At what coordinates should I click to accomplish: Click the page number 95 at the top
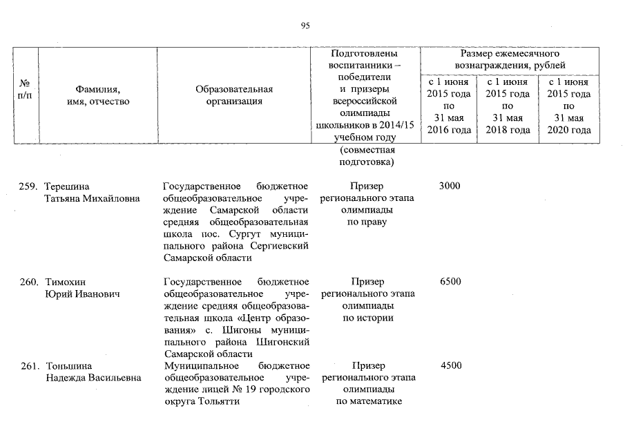tap(305, 26)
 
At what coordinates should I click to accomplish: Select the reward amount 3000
tap(450, 186)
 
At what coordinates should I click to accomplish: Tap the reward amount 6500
tap(450, 282)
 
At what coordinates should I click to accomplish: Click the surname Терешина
tap(68, 186)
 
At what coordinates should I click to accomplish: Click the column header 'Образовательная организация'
tap(234, 95)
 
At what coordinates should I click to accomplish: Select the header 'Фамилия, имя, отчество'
tap(97, 95)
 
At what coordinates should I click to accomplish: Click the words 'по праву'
tap(367, 222)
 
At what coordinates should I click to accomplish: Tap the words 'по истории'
tap(367, 318)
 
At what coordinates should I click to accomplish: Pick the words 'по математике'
tap(367, 402)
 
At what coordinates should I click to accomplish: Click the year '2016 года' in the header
tap(449, 130)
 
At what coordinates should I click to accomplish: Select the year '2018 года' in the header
tap(508, 130)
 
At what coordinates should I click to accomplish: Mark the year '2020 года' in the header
tap(568, 130)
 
